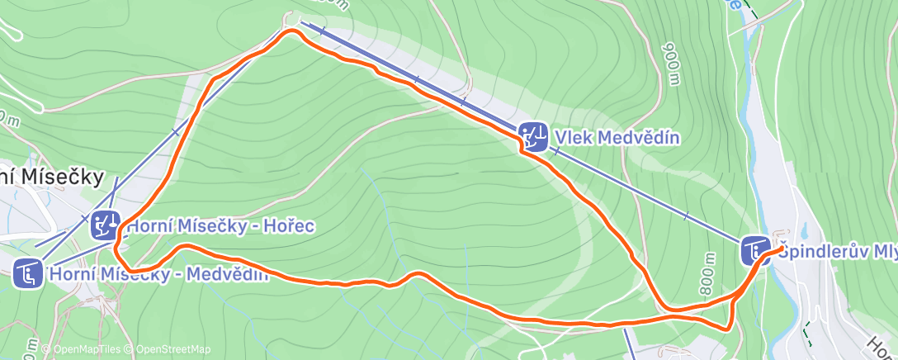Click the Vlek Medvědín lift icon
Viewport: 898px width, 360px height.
click(533, 135)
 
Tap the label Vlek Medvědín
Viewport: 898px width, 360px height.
click(617, 137)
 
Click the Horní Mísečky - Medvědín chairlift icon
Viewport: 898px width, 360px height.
click(29, 272)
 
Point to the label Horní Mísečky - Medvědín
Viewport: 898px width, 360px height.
click(159, 274)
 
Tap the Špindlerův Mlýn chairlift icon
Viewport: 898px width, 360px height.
click(754, 249)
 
